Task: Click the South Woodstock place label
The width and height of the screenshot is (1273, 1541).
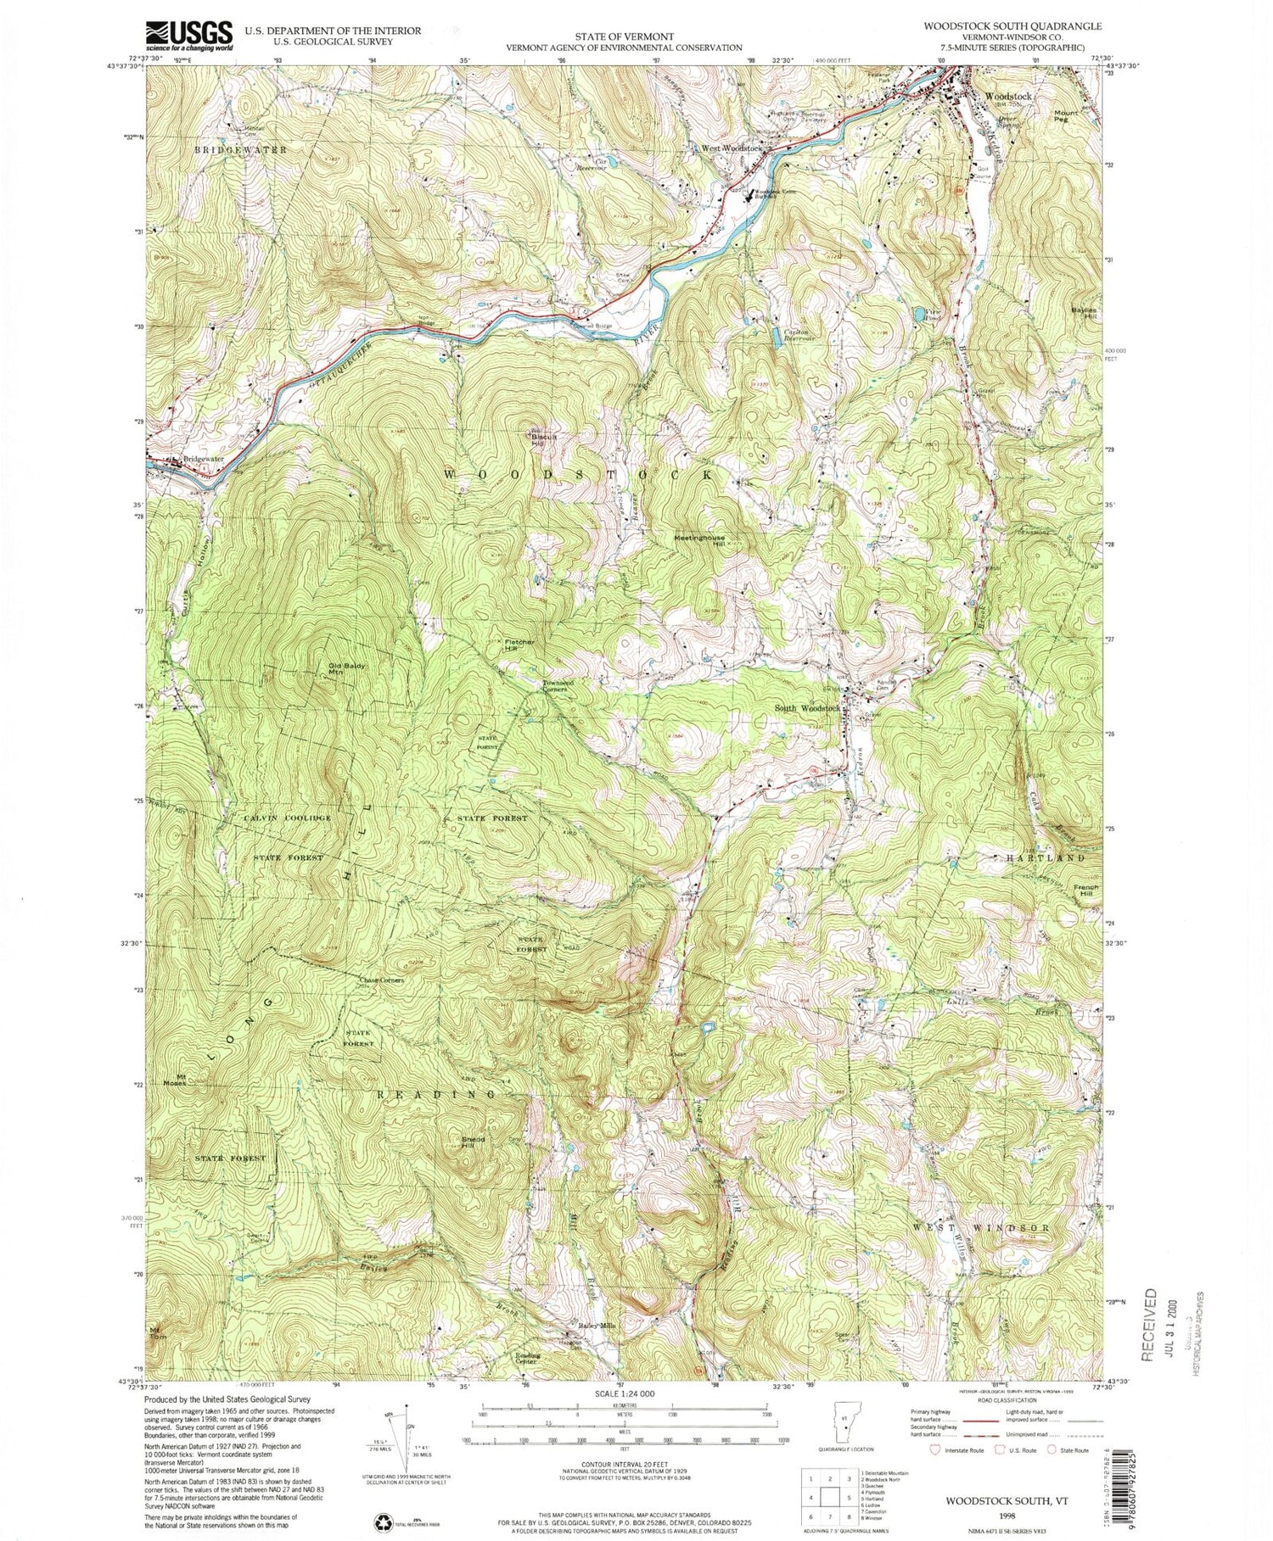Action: [x=806, y=708]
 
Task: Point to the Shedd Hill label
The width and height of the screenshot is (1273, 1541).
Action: [x=474, y=1142]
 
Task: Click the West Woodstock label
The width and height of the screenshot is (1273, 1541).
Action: [x=731, y=149]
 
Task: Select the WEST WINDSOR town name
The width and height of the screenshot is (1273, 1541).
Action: [x=981, y=1227]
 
